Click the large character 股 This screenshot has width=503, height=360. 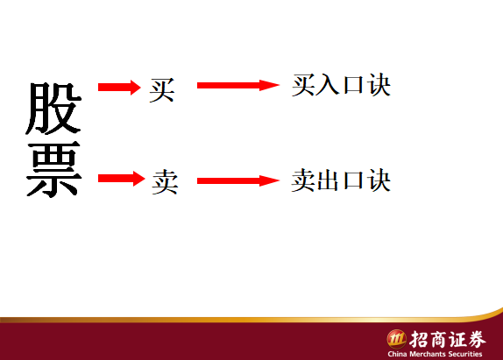tap(53, 109)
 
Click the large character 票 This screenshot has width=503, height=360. tap(53, 169)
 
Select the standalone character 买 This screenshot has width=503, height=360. tap(162, 90)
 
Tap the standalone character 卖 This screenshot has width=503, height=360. tap(165, 182)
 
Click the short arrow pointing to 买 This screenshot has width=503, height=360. tap(119, 88)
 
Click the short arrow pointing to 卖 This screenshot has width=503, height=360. tap(122, 179)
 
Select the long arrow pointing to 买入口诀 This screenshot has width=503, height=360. tap(238, 85)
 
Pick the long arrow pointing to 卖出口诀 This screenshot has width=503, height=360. tap(238, 180)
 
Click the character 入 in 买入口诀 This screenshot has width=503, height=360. tap(328, 85)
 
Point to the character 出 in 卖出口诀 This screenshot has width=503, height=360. tap(328, 180)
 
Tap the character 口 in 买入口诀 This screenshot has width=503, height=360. tap(353, 85)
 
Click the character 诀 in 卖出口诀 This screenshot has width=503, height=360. tap(379, 180)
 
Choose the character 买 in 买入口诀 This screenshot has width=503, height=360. tap(303, 85)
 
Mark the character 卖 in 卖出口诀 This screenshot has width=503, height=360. tap(303, 180)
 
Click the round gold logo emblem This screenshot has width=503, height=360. tap(396, 339)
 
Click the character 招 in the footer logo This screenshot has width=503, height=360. tap(419, 339)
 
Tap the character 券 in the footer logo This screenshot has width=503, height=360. tap(477, 339)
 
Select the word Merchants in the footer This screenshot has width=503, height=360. tap(428, 354)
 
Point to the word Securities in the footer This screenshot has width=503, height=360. tap(465, 354)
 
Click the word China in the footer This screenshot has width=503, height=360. tap(398, 354)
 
